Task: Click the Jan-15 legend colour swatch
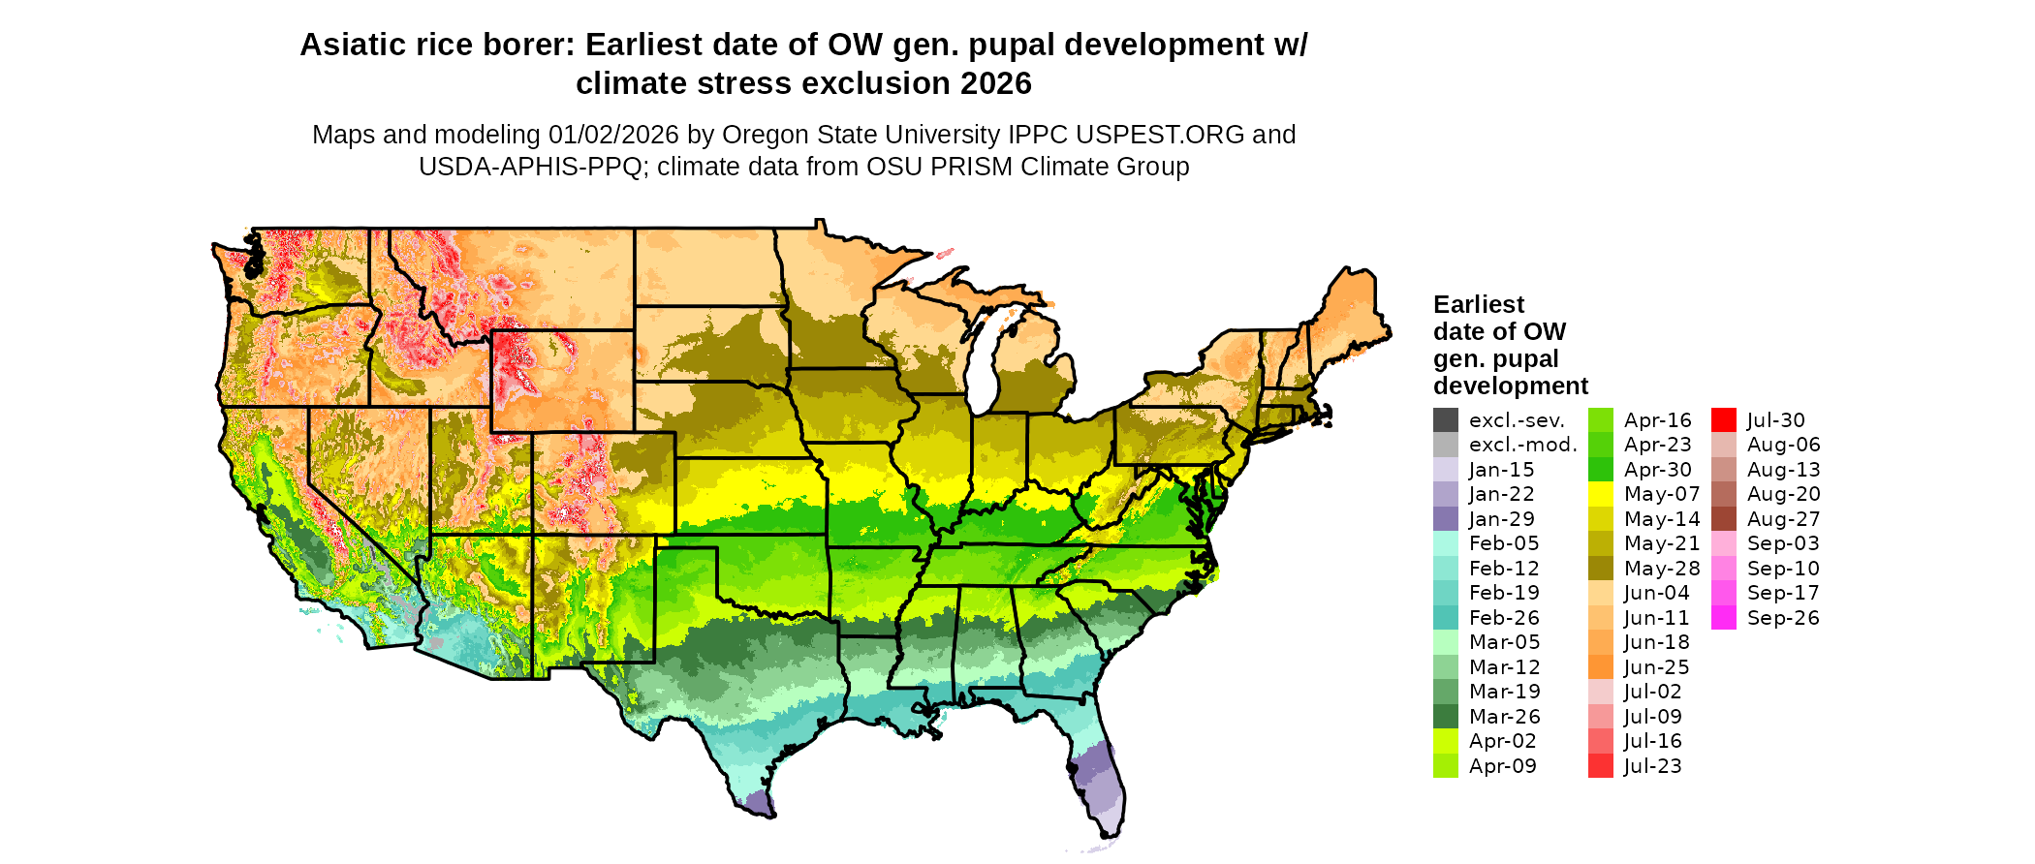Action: (x=1446, y=470)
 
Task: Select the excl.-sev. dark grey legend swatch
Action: (x=1446, y=420)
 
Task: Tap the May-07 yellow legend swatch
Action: (x=1601, y=494)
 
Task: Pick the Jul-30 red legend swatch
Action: (x=1724, y=420)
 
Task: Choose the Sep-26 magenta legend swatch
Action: (x=1724, y=618)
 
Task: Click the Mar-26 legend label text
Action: (x=1504, y=717)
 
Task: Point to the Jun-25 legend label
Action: (x=1657, y=667)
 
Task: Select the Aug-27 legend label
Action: (x=1783, y=519)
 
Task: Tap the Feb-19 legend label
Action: (x=1504, y=593)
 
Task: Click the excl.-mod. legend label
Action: (x=1522, y=445)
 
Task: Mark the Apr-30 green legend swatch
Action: (x=1601, y=470)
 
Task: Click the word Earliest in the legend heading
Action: (x=1478, y=305)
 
